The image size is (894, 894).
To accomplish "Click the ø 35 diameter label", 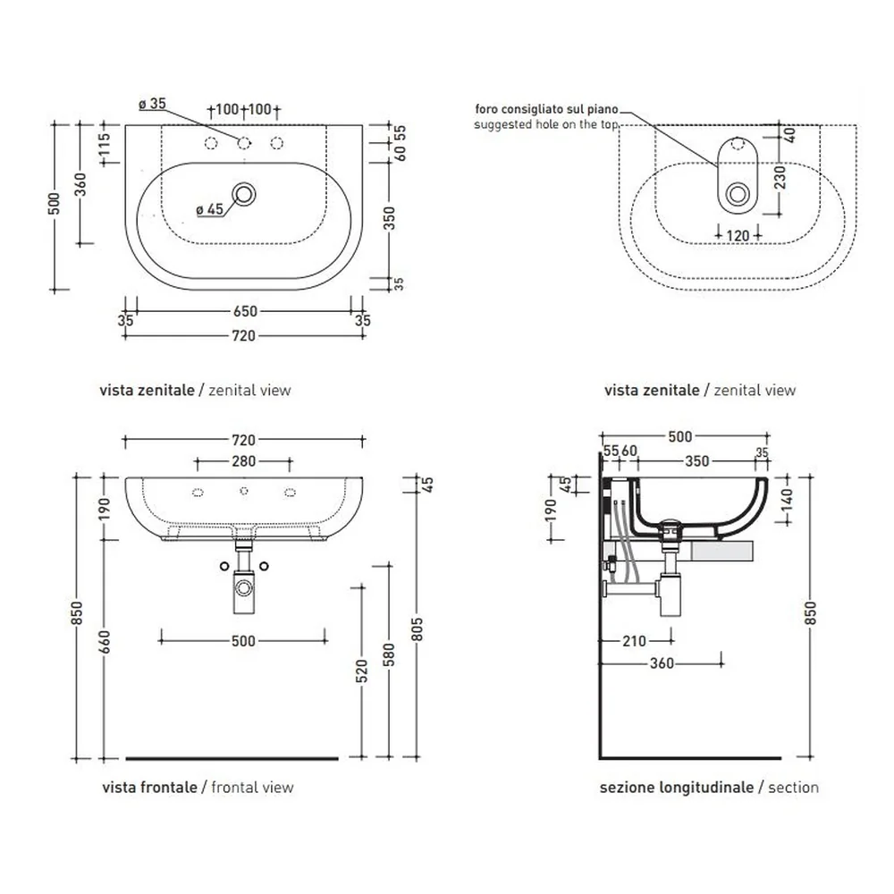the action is tap(152, 104).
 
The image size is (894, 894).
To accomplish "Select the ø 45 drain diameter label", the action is tap(210, 209).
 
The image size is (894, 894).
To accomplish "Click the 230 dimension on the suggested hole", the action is tap(780, 177).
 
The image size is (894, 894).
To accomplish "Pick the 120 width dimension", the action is tap(738, 235).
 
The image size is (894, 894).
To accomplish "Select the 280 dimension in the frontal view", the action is tap(243, 460).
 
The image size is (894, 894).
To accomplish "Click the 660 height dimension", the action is tap(105, 642).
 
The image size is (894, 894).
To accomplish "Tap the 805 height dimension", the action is tap(417, 628).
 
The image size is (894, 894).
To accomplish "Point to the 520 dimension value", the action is tap(361, 671).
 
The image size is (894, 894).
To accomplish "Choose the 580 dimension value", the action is tap(389, 655).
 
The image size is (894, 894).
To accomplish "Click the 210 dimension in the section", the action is tap(634, 641).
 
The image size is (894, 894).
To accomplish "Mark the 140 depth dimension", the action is tap(786, 500).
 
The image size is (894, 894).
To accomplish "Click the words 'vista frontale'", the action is tap(149, 788).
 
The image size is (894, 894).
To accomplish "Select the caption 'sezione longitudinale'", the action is tap(677, 788).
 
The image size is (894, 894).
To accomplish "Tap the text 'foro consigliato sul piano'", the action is tap(546, 109).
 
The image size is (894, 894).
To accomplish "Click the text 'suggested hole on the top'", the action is tap(545, 124).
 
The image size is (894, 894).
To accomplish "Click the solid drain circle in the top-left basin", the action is tap(243, 194).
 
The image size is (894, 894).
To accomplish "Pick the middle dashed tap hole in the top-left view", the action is tap(243, 143).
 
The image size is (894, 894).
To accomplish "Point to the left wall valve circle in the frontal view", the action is tap(224, 566).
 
